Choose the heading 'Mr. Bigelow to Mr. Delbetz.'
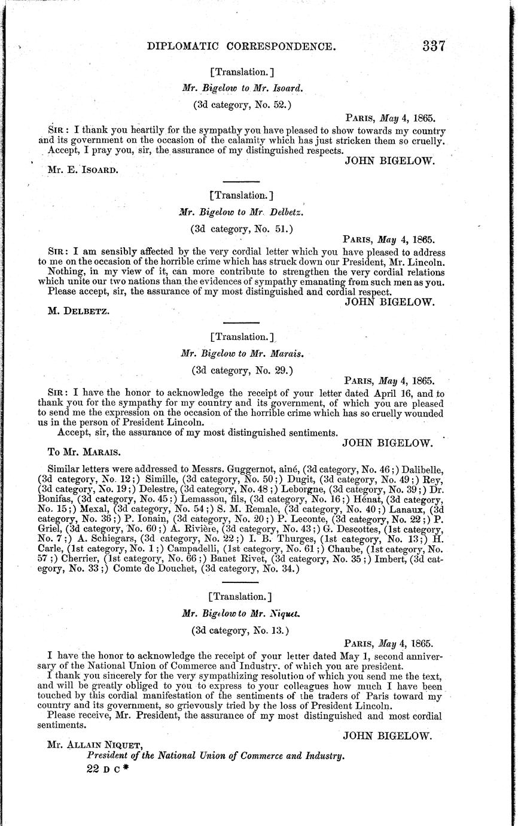coord(242,211)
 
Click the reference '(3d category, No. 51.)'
coord(242,227)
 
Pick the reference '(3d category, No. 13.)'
coord(240,630)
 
